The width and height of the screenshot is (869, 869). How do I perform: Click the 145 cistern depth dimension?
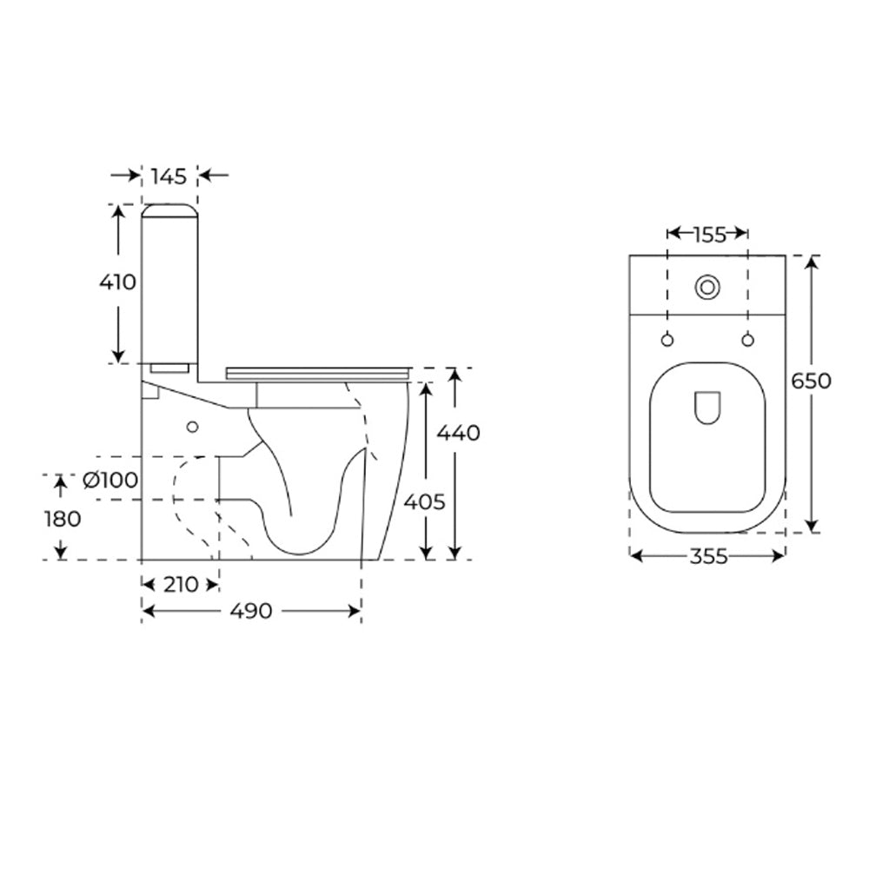169,176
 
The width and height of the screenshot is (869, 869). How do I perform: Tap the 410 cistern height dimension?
117,282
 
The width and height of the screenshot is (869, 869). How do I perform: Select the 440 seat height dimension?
458,432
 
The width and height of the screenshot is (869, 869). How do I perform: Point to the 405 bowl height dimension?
425,502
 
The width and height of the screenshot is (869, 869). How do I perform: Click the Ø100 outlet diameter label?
110,480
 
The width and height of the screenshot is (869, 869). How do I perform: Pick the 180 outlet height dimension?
63,519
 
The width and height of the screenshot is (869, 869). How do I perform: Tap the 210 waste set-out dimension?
181,584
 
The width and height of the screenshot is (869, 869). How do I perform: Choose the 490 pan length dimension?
251,611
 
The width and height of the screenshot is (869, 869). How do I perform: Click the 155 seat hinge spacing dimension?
709,235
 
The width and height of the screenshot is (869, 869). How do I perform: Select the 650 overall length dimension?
811,381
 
